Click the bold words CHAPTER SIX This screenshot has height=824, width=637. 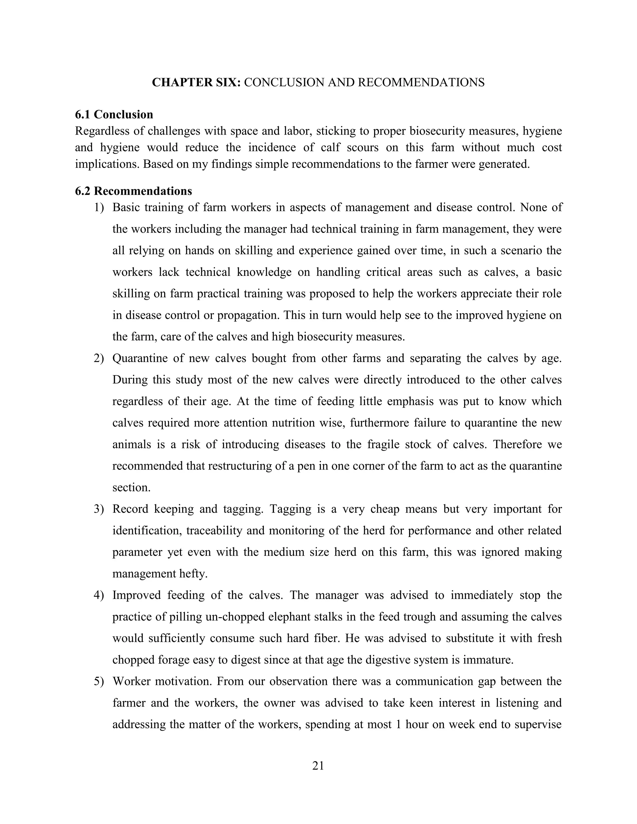[x=196, y=82]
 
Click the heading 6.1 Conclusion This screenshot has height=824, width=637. [x=114, y=114]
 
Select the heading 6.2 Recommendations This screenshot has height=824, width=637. [x=133, y=191]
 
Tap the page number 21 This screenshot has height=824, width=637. [x=318, y=766]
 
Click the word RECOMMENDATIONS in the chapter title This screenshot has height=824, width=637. [x=421, y=82]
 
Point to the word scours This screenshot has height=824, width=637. [x=363, y=147]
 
